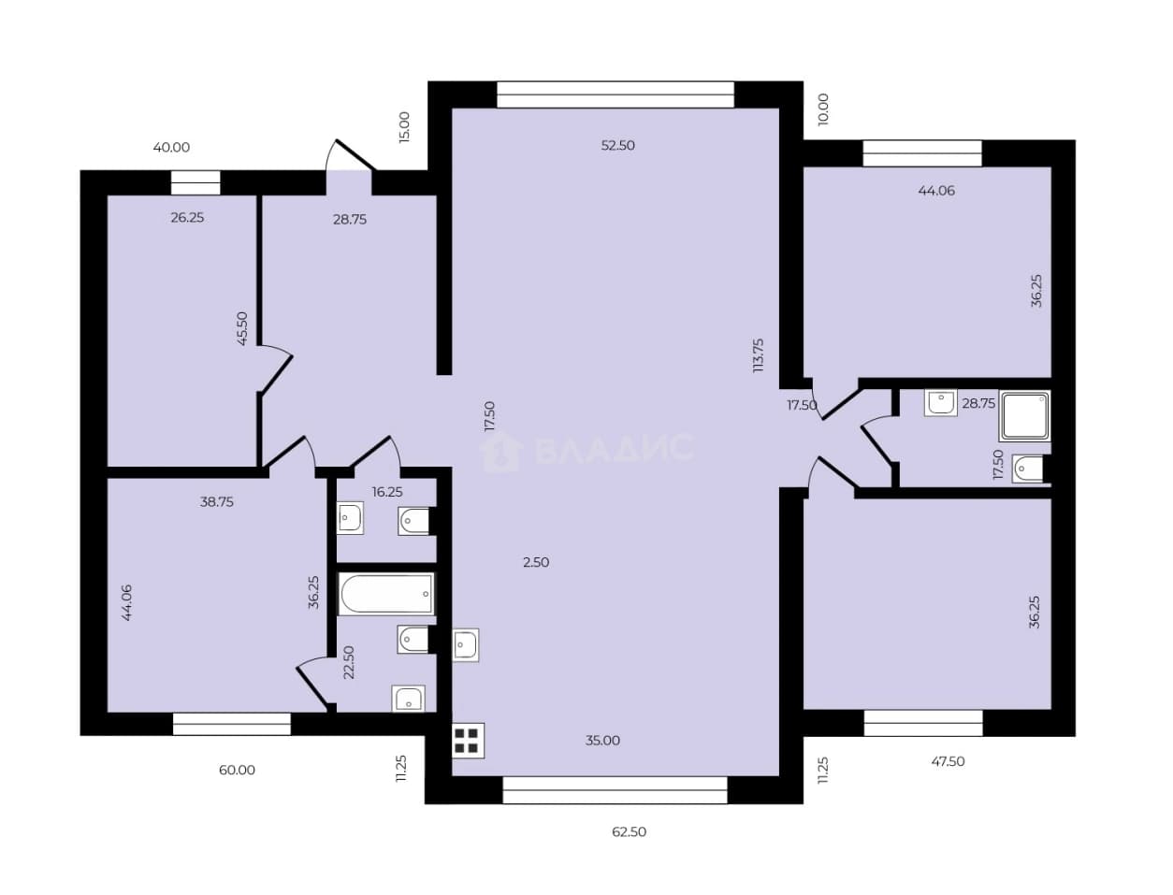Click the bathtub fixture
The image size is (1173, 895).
point(385,594)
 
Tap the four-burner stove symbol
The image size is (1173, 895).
point(468,741)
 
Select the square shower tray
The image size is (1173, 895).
point(1024,416)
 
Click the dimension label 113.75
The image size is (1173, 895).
point(758,355)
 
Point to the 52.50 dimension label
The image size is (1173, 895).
point(617,145)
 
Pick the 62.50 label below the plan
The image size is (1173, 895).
point(629,832)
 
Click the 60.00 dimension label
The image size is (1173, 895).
point(237,770)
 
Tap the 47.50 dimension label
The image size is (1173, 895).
point(948,761)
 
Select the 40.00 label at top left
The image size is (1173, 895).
point(171,147)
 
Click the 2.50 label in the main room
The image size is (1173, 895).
point(536,562)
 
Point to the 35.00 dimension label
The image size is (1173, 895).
point(602,740)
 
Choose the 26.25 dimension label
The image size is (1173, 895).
point(187,218)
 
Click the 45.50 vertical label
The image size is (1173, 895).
point(242,328)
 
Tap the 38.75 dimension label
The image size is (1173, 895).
point(216,501)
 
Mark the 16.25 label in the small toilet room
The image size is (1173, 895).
point(387,492)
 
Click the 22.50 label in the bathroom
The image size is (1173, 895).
point(348,662)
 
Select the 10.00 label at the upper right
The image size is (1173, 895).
point(823,109)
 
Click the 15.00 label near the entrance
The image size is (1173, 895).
point(404,126)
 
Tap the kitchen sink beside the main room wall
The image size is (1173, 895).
point(466,645)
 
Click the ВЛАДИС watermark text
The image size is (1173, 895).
point(615,447)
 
